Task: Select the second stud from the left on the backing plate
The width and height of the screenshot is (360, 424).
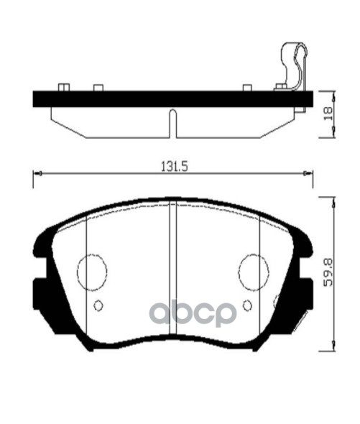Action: [98, 88]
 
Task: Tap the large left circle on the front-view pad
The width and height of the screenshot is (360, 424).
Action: [92, 272]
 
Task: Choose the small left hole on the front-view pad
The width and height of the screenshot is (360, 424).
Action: [98, 305]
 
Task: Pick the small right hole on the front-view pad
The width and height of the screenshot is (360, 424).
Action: [247, 305]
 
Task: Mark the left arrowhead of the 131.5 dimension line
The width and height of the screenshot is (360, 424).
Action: [36, 173]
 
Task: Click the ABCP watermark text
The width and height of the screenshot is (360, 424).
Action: [192, 313]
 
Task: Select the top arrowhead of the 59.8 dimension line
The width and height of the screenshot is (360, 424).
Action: [332, 201]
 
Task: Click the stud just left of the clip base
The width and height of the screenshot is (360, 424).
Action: [248, 88]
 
